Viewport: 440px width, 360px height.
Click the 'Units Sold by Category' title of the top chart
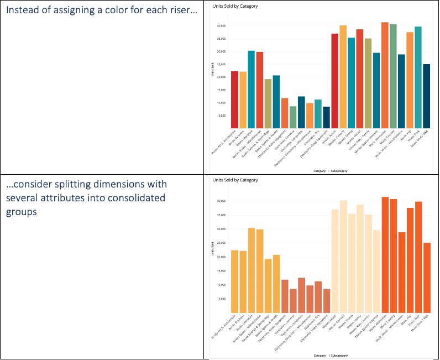pos(235,6)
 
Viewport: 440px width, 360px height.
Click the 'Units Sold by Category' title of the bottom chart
pos(235,180)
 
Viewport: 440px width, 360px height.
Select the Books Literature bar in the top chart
pos(251,88)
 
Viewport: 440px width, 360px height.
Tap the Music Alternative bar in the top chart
pos(385,75)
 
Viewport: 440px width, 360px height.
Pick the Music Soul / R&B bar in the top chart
pos(427,95)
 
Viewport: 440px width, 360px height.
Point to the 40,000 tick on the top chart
pos(221,25)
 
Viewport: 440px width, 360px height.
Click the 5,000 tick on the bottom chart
pos(222,299)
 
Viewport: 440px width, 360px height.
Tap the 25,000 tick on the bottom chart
pos(221,243)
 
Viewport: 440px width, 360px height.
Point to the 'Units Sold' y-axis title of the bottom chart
pos(213,250)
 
